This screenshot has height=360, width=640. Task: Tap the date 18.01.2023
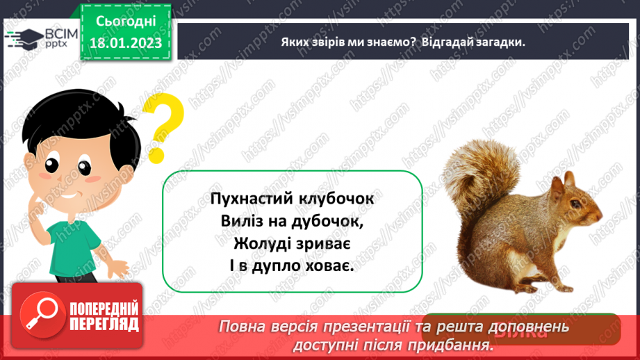pyautogui.click(x=126, y=43)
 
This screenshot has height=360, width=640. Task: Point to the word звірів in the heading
pyautogui.click(x=332, y=42)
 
